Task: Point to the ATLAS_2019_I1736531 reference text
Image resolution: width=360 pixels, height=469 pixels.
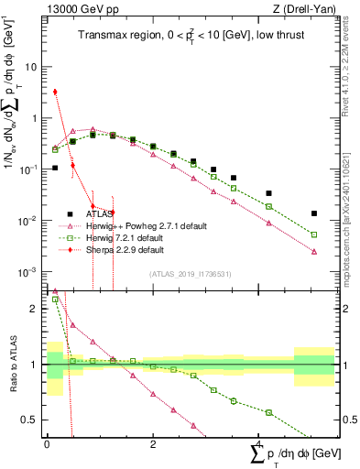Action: [191, 274]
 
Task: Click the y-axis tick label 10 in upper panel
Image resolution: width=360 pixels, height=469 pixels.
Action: [30, 68]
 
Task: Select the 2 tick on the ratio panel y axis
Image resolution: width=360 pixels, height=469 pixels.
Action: [34, 309]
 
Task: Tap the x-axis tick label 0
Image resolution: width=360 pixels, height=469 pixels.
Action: [46, 442]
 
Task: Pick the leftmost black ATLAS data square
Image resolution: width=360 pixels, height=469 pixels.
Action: [55, 168]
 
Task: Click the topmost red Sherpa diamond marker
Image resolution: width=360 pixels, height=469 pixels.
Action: [55, 92]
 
